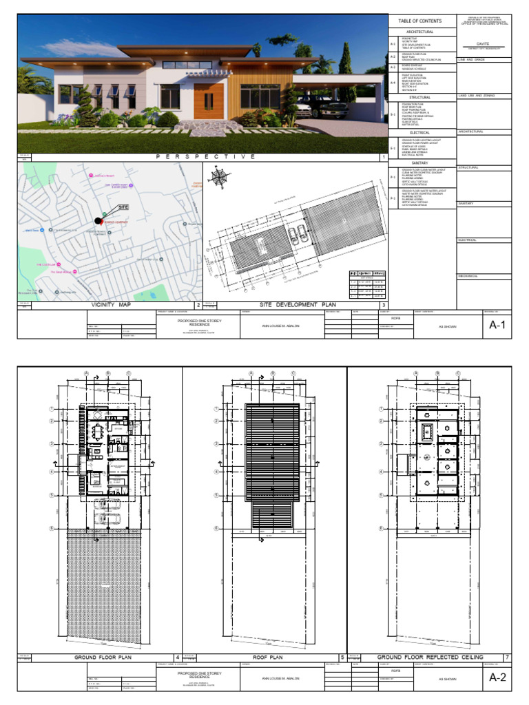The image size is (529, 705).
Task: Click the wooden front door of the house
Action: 205,101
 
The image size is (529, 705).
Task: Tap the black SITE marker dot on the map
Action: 98,220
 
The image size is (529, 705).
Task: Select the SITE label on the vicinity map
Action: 123,207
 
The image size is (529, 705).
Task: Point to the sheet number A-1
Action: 497,326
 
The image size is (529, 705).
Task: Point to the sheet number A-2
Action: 497,678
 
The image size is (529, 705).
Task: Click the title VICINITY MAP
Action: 110,304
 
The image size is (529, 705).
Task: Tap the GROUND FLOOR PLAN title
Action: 103,657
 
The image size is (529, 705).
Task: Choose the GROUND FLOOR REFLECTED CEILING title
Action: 431,657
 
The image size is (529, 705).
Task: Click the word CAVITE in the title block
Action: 482,42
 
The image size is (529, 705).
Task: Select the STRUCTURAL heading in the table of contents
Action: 419,98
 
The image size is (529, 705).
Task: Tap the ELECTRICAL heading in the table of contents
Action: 419,132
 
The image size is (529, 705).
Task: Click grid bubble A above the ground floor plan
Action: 87,375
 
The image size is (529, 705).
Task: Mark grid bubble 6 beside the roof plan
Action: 216,529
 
